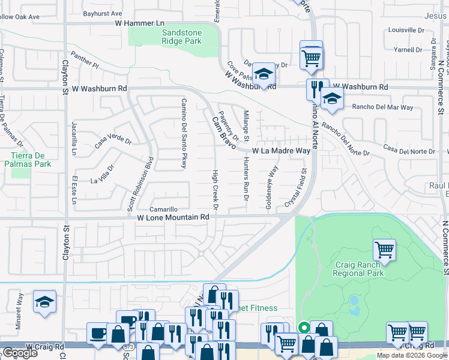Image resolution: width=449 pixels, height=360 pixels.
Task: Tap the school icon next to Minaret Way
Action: (44, 302)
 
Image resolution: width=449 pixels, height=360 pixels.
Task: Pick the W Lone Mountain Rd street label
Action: (173, 217)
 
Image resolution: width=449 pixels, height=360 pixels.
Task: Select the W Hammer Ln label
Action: (139, 23)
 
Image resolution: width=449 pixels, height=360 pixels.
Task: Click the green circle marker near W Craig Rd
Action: (304, 328)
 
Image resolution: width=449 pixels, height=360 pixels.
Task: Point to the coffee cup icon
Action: (98, 333)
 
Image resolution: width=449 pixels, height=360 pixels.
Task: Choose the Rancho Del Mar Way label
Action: (382, 107)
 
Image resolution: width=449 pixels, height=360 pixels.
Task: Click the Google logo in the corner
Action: (20, 353)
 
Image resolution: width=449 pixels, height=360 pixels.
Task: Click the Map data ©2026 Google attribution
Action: (412, 355)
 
